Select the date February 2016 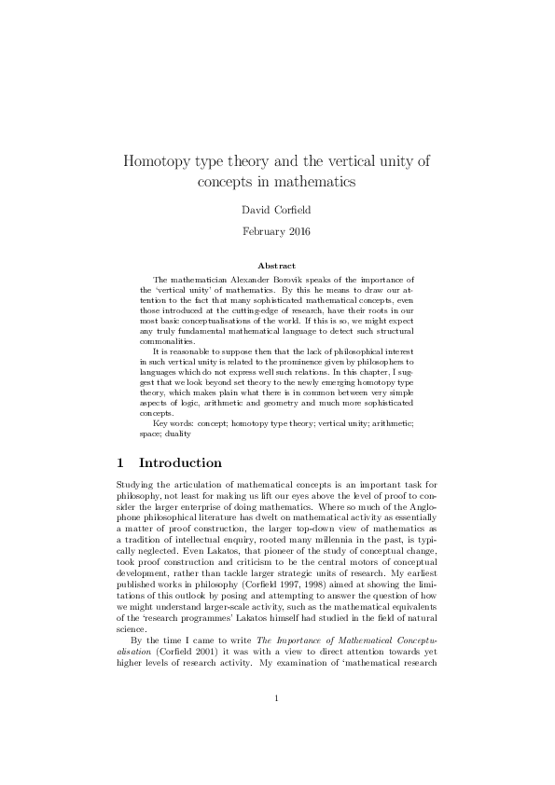point(277,229)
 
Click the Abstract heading point(277,266)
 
